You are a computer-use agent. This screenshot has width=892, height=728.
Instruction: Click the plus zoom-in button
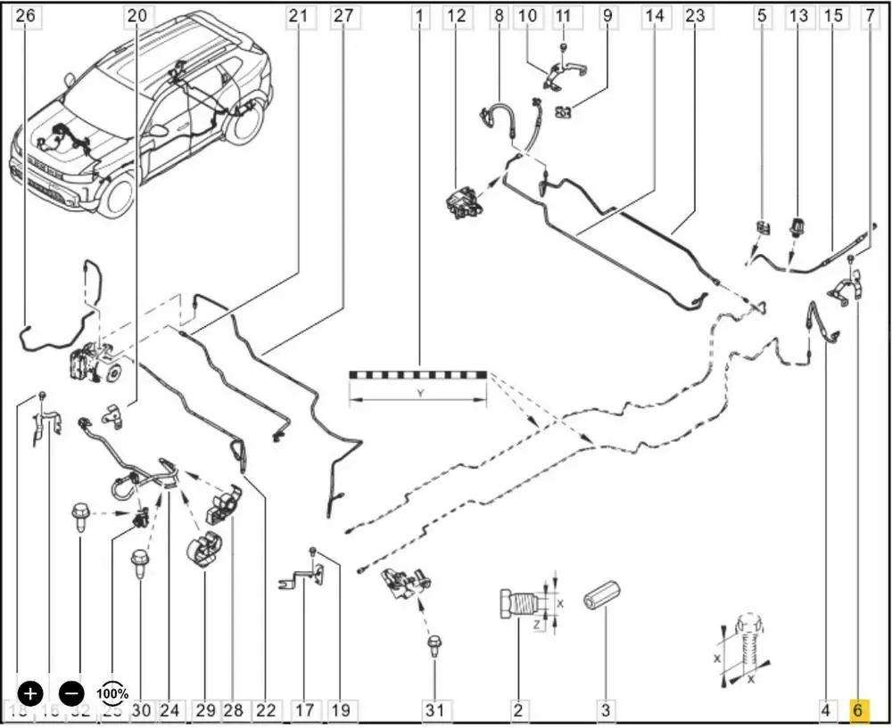pyautogui.click(x=31, y=692)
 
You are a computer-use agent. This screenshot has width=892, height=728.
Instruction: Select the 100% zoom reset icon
pyautogui.click(x=112, y=692)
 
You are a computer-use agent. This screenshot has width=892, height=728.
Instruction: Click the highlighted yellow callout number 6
pyautogui.click(x=857, y=710)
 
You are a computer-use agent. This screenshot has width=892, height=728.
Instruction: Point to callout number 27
pyautogui.click(x=343, y=15)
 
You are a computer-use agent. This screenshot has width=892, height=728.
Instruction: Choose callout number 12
pyautogui.click(x=456, y=15)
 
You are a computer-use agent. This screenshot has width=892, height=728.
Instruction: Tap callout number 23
pyautogui.click(x=695, y=15)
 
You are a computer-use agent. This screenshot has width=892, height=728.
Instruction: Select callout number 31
pyautogui.click(x=434, y=710)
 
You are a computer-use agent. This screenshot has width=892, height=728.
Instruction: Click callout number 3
pyautogui.click(x=606, y=710)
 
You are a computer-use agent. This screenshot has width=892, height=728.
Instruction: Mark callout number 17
pyautogui.click(x=304, y=710)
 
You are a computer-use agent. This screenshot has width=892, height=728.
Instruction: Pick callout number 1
pyautogui.click(x=419, y=15)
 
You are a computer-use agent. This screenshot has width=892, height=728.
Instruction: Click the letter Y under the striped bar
pyautogui.click(x=418, y=393)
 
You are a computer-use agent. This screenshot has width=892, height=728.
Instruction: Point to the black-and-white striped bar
pyautogui.click(x=418, y=374)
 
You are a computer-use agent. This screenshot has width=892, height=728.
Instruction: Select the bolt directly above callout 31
pyautogui.click(x=434, y=645)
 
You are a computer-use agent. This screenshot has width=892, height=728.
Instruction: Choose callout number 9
pyautogui.click(x=607, y=15)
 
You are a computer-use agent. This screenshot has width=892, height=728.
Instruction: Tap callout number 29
pyautogui.click(x=206, y=710)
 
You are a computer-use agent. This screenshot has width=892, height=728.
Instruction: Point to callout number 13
pyautogui.click(x=798, y=15)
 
